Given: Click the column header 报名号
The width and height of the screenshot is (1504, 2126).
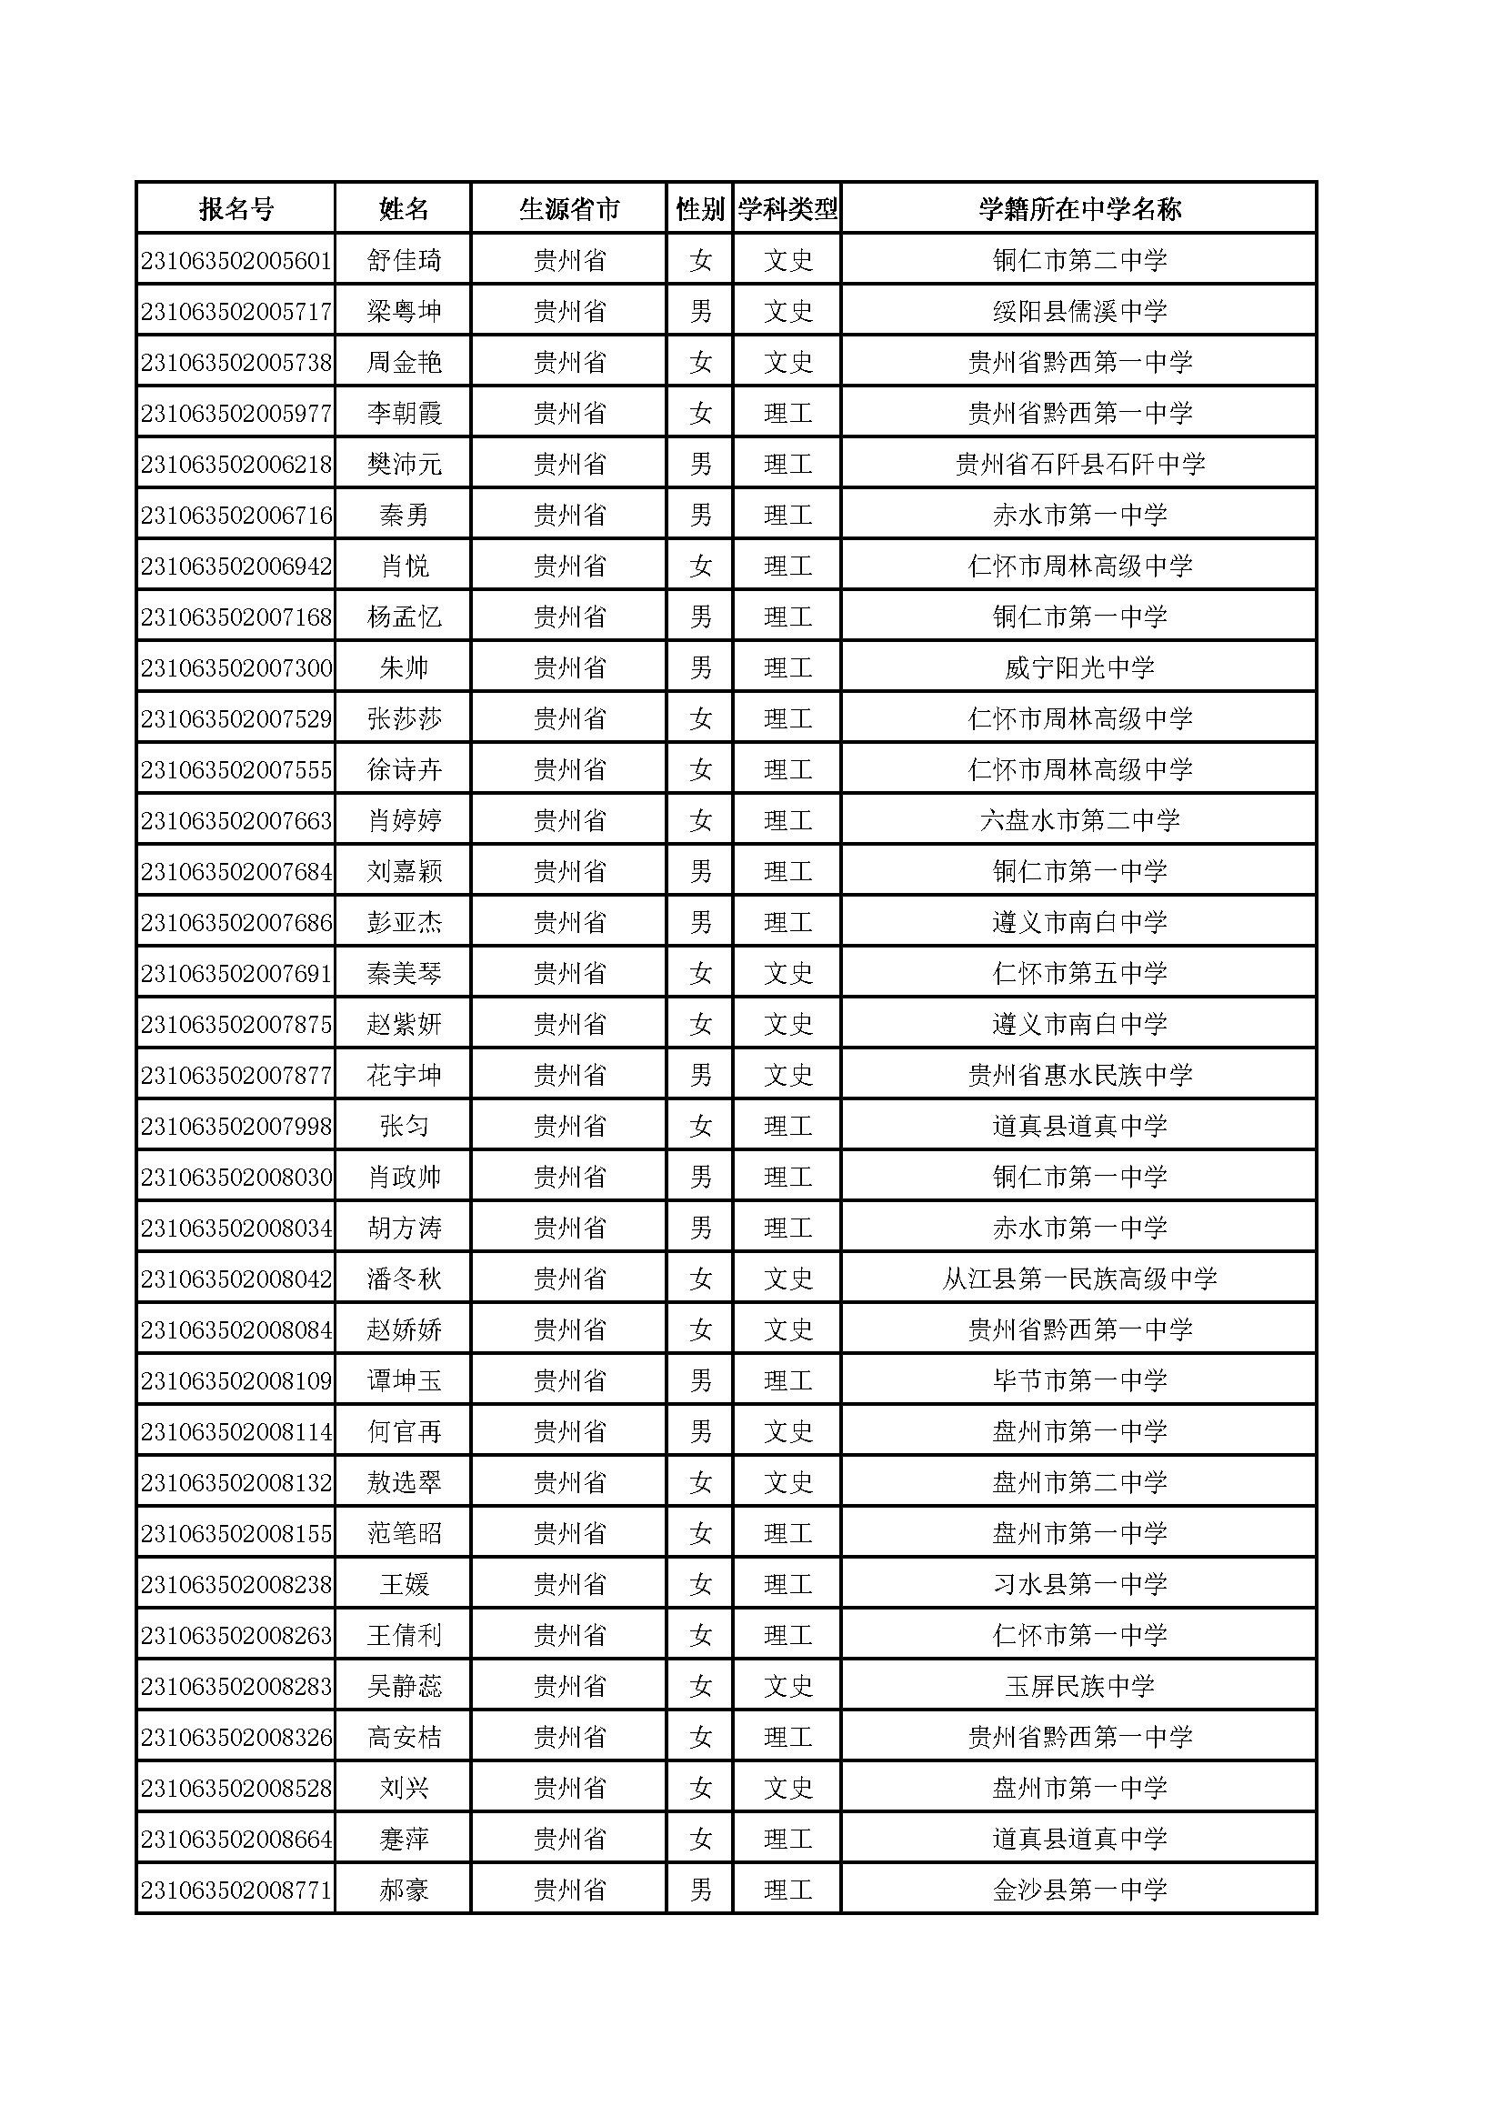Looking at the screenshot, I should (236, 209).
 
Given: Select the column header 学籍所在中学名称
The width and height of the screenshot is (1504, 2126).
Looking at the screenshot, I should (1079, 209).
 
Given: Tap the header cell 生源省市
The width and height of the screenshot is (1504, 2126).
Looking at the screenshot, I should (568, 209).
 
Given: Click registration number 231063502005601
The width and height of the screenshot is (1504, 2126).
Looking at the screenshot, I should (236, 260).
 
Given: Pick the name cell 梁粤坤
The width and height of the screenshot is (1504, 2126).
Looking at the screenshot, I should (404, 311).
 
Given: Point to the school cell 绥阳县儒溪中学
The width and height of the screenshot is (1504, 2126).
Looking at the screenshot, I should (1079, 311).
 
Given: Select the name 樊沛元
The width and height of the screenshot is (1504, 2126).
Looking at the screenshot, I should (404, 464).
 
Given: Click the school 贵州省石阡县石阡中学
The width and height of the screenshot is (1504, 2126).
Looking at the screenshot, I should (1079, 464).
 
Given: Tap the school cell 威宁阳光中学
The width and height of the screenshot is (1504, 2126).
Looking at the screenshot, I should (1079, 667).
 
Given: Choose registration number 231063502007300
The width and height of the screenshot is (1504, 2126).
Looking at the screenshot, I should (236, 667).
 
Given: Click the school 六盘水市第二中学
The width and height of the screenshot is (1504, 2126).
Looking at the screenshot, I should (1079, 820).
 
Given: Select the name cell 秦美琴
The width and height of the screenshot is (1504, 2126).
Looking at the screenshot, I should (404, 973).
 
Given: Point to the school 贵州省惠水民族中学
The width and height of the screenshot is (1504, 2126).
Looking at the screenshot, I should (1079, 1075).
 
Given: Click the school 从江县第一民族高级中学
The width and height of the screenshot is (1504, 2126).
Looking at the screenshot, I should (1079, 1279).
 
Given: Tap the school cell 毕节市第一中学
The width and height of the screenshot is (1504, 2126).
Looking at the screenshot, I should (1079, 1380).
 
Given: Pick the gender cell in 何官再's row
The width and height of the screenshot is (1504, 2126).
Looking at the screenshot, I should (700, 1431).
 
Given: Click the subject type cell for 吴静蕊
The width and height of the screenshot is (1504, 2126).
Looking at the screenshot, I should (788, 1686).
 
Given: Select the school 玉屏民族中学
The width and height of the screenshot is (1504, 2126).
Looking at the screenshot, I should (1079, 1686).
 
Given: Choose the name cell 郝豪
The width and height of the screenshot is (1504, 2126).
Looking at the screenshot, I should (404, 1890).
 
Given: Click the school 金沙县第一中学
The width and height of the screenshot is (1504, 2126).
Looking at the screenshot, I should (1079, 1890).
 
